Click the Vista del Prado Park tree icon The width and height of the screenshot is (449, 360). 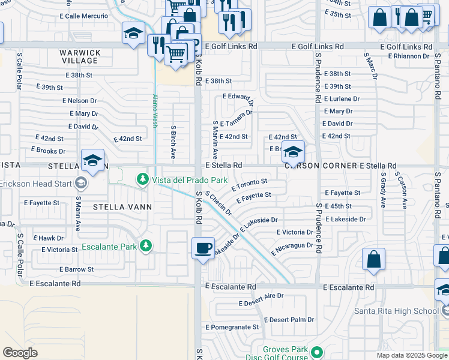(x=143, y=179)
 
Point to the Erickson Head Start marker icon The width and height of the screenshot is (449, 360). (x=81, y=183)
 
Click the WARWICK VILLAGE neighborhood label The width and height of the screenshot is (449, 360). (x=79, y=56)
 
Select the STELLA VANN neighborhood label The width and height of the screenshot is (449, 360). (x=122, y=207)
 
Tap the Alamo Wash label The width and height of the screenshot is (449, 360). (x=154, y=111)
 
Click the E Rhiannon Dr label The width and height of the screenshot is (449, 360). (x=409, y=56)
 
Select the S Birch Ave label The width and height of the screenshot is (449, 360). (x=173, y=142)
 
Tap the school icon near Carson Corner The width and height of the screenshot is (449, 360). (x=293, y=152)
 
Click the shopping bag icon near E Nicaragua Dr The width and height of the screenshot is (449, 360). (x=373, y=259)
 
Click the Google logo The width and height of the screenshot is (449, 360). (x=20, y=353)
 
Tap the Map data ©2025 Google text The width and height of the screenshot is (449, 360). (x=412, y=355)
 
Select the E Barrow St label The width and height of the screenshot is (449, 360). (x=76, y=269)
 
